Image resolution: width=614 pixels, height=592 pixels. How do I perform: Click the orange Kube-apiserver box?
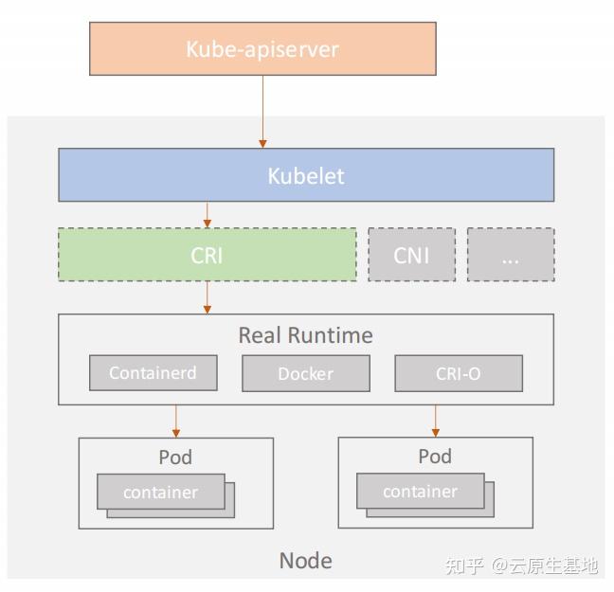click(262, 48)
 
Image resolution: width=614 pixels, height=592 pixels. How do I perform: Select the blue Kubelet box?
click(306, 175)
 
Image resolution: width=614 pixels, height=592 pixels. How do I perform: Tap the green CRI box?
click(207, 254)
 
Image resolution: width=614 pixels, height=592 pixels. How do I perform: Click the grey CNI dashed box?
click(411, 254)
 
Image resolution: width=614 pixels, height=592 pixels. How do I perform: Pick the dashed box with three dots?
click(511, 254)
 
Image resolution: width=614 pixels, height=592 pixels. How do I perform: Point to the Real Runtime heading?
click(305, 335)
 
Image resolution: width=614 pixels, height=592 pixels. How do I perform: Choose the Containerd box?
click(153, 373)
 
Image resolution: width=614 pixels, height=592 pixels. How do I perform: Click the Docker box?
click(305, 373)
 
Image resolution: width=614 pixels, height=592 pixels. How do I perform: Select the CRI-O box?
click(458, 373)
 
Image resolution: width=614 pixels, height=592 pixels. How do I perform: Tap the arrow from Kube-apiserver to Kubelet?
click(262, 111)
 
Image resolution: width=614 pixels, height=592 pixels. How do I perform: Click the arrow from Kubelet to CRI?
click(207, 214)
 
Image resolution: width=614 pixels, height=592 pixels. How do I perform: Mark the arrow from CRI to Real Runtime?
click(207, 297)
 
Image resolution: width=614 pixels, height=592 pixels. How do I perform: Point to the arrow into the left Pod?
click(175, 421)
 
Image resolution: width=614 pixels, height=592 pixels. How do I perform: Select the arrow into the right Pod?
click(436, 421)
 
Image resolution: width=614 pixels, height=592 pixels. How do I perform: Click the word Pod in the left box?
click(175, 457)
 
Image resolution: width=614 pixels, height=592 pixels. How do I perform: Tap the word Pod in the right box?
click(435, 457)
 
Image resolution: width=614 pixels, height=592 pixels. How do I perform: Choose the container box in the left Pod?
click(161, 492)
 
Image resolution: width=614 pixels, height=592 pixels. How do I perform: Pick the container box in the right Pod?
click(421, 492)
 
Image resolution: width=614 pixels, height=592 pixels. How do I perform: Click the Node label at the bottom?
click(305, 560)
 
